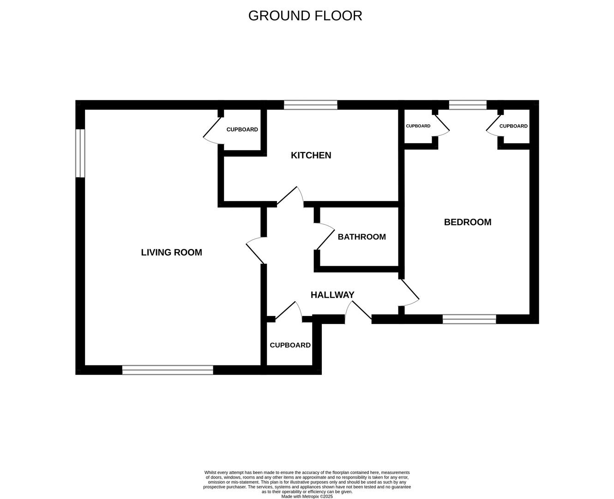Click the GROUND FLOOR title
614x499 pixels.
pyautogui.click(x=305, y=16)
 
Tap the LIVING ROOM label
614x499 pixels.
pyautogui.click(x=171, y=252)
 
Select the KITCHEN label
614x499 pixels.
pyautogui.click(x=311, y=155)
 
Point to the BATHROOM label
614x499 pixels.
pyautogui.click(x=361, y=237)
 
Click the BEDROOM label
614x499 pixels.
pyautogui.click(x=467, y=222)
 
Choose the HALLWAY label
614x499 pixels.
pyautogui.click(x=332, y=295)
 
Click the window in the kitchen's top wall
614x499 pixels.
pyautogui.click(x=310, y=105)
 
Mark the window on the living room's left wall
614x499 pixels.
pyautogui.click(x=80, y=153)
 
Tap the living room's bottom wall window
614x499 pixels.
pyautogui.click(x=168, y=370)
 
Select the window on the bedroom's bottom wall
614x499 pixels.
pyautogui.click(x=469, y=319)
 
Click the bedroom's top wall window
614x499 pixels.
pyautogui.click(x=467, y=105)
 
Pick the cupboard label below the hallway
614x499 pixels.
pyautogui.click(x=290, y=345)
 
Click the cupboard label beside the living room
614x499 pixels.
pyautogui.click(x=242, y=129)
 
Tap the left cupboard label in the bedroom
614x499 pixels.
pyautogui.click(x=418, y=126)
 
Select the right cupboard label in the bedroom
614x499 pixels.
pyautogui.click(x=513, y=126)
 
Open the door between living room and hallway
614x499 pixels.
pyautogui.click(x=255, y=251)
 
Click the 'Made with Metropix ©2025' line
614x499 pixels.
pyautogui.click(x=307, y=496)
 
